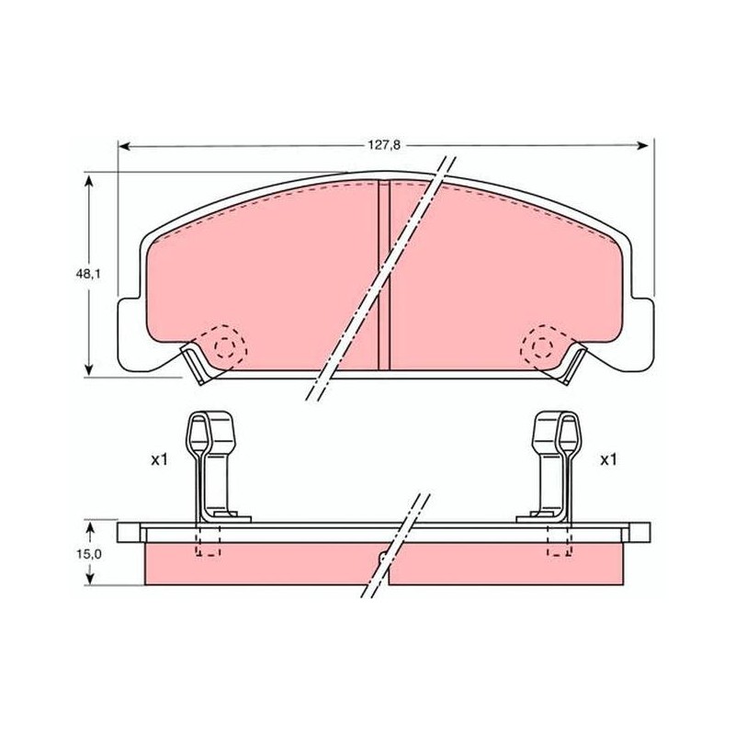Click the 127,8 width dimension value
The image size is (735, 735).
[384, 145]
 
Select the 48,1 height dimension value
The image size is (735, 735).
[88, 274]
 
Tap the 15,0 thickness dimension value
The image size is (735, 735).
[88, 554]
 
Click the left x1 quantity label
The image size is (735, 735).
[159, 460]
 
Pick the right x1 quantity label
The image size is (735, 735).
[608, 460]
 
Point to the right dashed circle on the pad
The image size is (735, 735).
[544, 347]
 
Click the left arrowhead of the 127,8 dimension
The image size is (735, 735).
[124, 147]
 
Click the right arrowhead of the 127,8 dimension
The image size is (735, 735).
[643, 146]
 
